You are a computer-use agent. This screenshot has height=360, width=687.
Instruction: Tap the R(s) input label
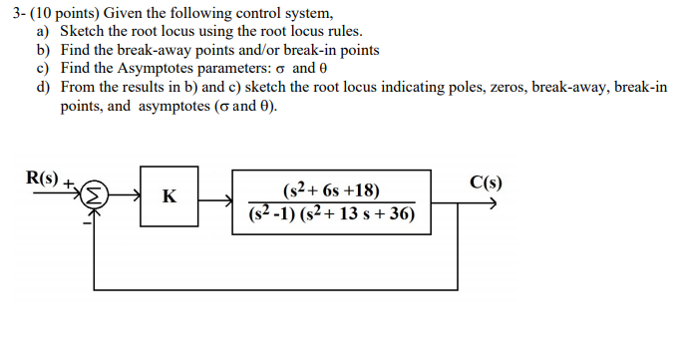(x=44, y=180)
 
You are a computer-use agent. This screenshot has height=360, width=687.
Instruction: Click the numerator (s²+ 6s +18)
(x=331, y=189)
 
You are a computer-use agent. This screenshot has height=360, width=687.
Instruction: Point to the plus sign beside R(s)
(x=69, y=184)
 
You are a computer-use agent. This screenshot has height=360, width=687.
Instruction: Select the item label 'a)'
(x=43, y=31)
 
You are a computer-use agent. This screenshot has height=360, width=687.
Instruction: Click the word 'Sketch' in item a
(x=83, y=31)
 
